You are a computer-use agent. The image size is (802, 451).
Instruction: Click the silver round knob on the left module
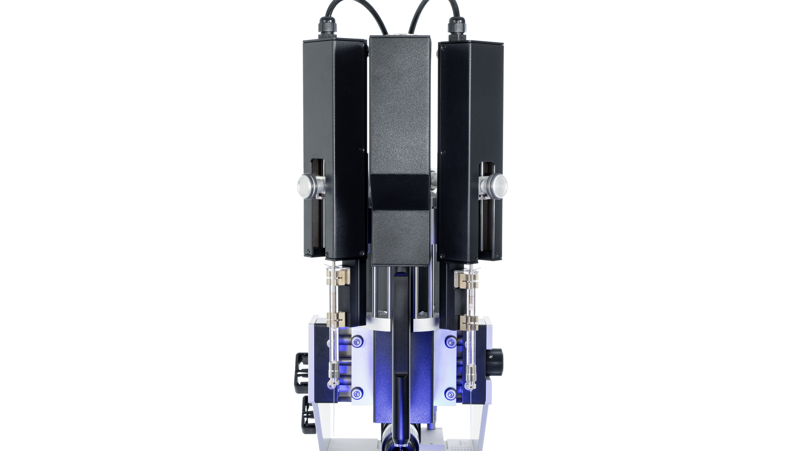click(306, 184)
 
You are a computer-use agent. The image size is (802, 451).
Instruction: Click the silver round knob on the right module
click(497, 184)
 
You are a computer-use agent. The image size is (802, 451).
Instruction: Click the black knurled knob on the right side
click(495, 357)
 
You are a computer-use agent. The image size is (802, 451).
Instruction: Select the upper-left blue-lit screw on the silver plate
click(357, 342)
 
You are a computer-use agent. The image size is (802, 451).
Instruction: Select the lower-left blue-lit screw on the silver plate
click(357, 394)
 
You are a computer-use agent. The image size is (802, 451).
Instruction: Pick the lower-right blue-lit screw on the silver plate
click(450, 394)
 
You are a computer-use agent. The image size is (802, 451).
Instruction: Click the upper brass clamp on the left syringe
click(336, 278)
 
